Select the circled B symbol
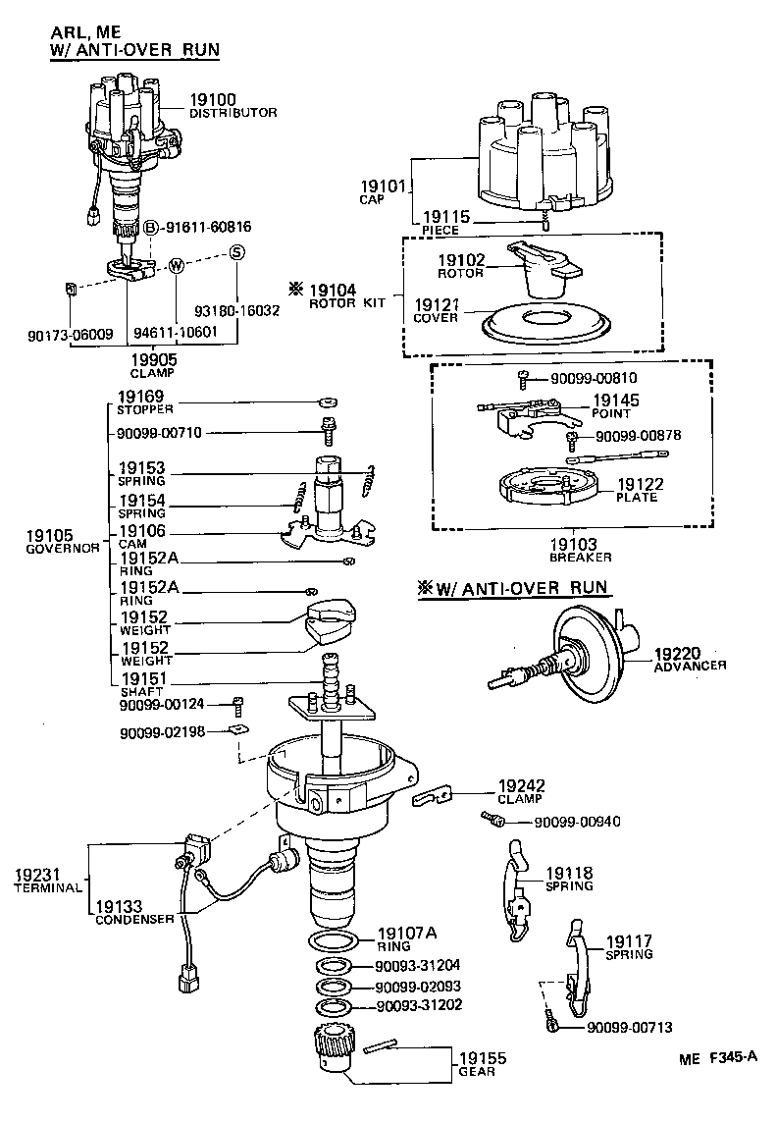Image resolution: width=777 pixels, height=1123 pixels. (x=151, y=227)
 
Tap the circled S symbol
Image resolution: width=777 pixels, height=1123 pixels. (x=235, y=252)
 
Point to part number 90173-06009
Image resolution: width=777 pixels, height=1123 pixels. (x=71, y=335)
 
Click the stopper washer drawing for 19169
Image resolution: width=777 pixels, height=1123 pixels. (x=329, y=401)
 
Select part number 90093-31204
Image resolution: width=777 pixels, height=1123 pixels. (x=419, y=966)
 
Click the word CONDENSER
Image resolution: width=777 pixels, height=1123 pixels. (x=134, y=920)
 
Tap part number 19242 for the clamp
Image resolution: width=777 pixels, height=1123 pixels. (x=521, y=786)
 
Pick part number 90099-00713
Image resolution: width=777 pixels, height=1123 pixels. (x=630, y=1027)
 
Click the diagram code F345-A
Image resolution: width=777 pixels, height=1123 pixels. (x=732, y=1058)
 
